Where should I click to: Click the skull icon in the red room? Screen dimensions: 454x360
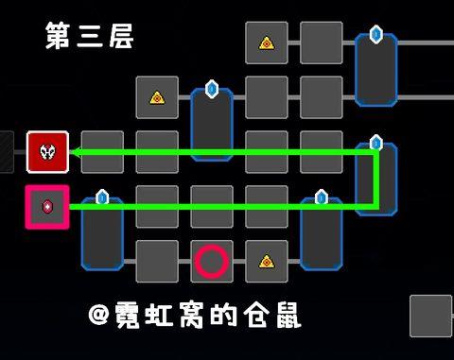click(x=47, y=152)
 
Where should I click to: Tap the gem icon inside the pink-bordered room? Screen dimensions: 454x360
click(x=47, y=207)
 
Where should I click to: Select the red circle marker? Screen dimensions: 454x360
click(x=212, y=262)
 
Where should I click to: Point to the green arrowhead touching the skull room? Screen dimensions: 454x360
click(x=74, y=152)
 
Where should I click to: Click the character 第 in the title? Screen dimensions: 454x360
click(x=58, y=35)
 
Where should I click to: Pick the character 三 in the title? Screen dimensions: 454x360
click(x=90, y=36)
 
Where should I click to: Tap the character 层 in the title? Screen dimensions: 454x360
click(x=122, y=36)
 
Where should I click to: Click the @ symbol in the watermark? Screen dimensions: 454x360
click(x=99, y=315)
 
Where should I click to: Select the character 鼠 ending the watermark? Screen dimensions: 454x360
click(x=288, y=315)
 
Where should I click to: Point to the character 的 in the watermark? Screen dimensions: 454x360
click(x=223, y=315)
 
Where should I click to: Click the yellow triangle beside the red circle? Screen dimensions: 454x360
click(x=267, y=262)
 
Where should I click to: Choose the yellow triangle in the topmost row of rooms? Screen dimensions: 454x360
click(x=267, y=43)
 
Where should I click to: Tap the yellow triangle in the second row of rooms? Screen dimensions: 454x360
click(x=157, y=97)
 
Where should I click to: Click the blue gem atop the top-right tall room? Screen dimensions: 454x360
click(x=375, y=34)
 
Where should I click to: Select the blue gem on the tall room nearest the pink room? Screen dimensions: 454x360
click(x=102, y=197)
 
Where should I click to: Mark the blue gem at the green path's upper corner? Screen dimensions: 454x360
click(x=375, y=144)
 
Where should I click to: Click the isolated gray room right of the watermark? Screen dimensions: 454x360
click(x=431, y=317)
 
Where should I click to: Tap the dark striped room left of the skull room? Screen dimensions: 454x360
click(x=7, y=152)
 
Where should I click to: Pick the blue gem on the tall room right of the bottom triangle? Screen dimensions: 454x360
click(x=322, y=197)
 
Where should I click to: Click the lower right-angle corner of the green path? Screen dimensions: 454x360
click(x=375, y=207)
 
